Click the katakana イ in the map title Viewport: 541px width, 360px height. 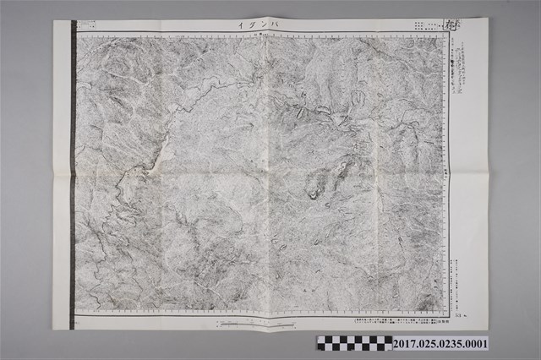(x=241, y=27)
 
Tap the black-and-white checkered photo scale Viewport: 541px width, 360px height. (x=353, y=343)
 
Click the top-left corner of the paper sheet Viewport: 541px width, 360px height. (x=54, y=20)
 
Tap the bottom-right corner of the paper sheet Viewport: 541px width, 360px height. (x=488, y=328)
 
